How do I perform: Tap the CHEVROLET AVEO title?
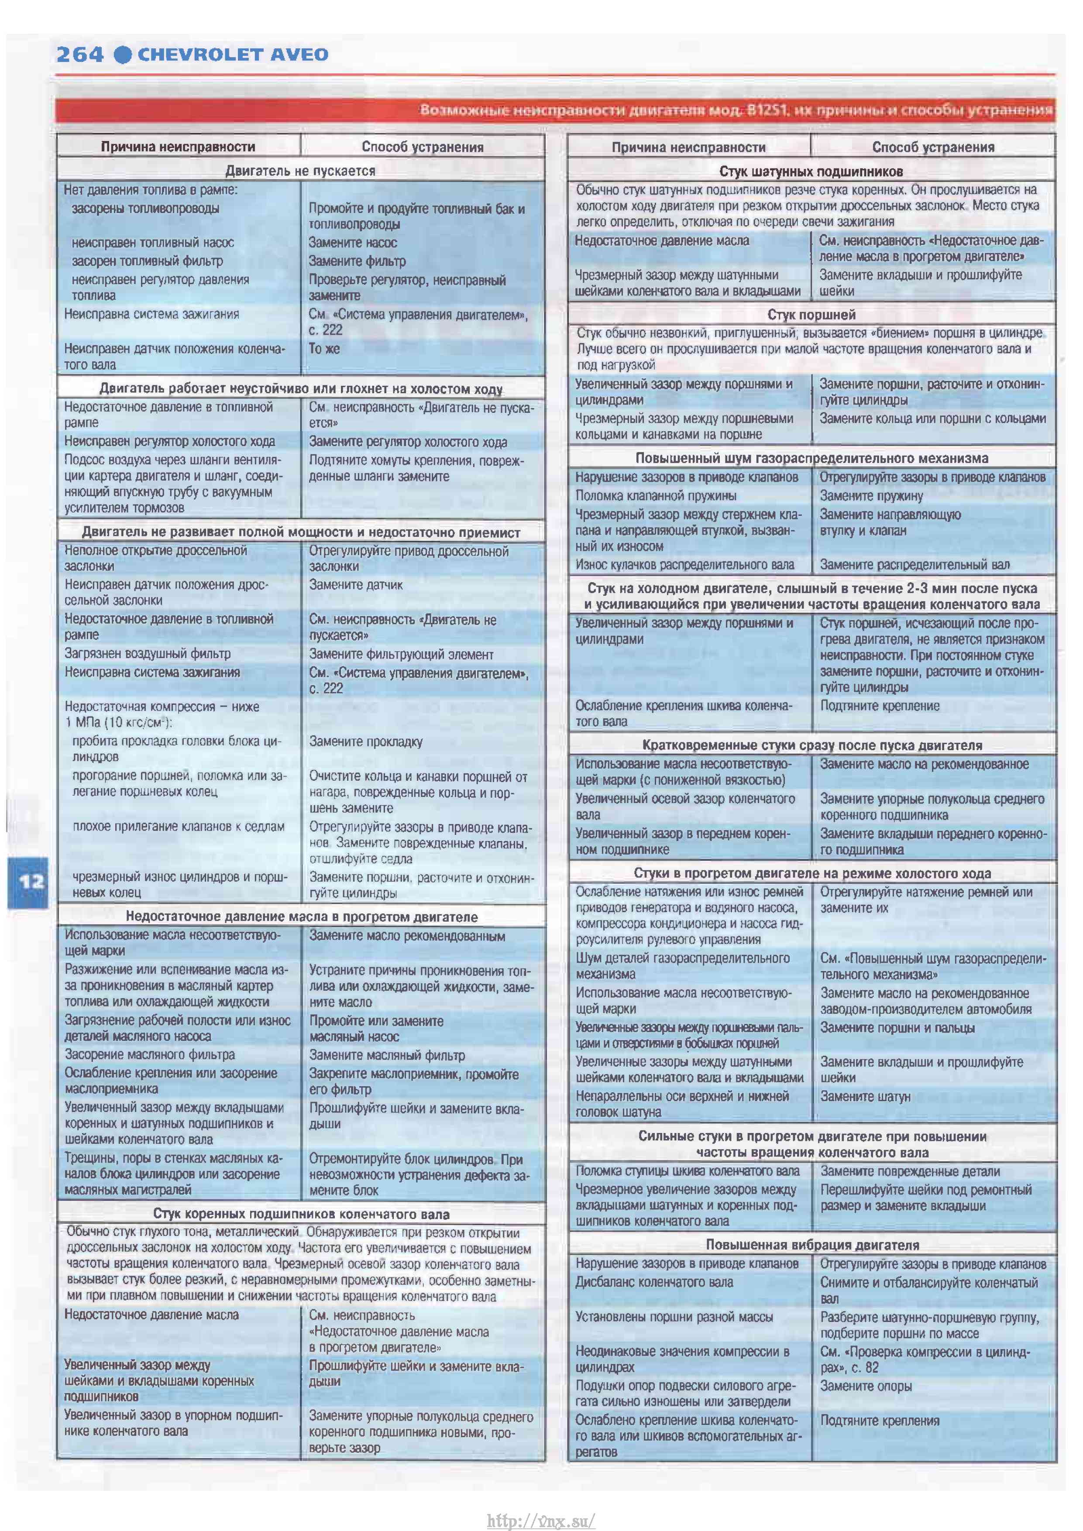point(232,54)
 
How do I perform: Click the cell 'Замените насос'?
point(352,243)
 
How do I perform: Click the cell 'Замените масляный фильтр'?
point(387,1055)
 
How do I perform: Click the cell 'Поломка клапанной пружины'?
point(656,495)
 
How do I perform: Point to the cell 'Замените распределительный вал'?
point(914,564)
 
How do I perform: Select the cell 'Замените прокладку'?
point(365,741)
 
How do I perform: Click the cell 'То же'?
point(323,348)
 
